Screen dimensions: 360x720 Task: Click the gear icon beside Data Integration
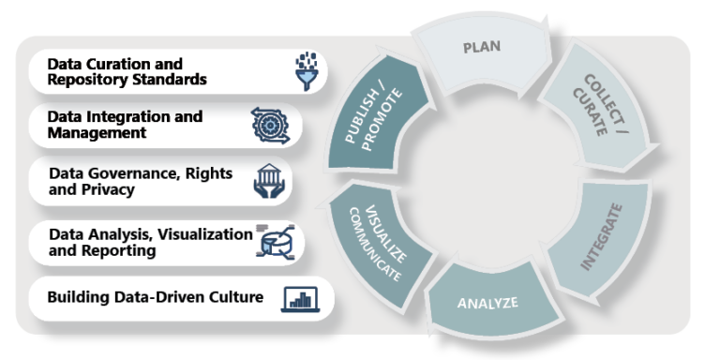(x=270, y=125)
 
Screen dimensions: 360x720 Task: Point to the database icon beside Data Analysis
(x=273, y=242)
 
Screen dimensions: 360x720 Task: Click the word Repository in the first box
(x=87, y=80)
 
